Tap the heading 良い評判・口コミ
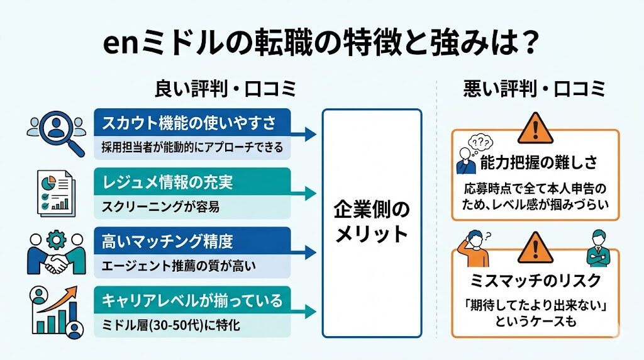pyautogui.click(x=225, y=90)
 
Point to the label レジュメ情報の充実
pyautogui.click(x=167, y=183)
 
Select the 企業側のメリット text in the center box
pyautogui.click(x=372, y=223)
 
